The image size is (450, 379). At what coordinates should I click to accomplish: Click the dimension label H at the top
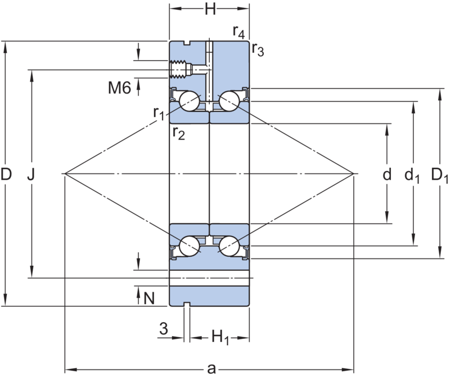pos(210,9)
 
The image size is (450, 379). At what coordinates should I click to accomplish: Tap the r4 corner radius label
pos(238,32)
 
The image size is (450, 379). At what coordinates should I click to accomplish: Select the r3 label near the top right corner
pos(258,50)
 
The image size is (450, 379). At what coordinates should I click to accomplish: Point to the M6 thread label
pos(119,87)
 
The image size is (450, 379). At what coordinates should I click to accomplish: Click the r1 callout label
pos(159,113)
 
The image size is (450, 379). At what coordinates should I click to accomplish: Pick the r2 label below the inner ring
pos(179,133)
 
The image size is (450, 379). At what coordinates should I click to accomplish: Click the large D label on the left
pos(6,174)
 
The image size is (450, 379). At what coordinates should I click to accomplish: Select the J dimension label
pos(31,174)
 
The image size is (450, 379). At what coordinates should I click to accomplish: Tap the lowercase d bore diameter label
pos(387,174)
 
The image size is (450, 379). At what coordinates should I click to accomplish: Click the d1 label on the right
pos(412,176)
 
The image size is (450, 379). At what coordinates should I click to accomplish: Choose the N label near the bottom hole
pos(149,298)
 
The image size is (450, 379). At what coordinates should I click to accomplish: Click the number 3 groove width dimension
pos(164,328)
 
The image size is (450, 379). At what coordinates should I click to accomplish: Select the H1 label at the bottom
pos(220,337)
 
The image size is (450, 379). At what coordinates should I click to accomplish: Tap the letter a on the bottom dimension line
pos(211,369)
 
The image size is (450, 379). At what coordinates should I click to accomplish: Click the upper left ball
pos(190,101)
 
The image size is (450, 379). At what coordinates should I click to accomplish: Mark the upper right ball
pos(229,101)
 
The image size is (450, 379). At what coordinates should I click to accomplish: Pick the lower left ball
pos(190,246)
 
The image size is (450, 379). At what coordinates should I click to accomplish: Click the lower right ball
pos(229,246)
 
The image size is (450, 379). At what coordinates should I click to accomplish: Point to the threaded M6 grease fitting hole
pos(181,69)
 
